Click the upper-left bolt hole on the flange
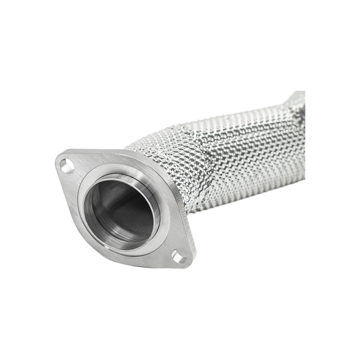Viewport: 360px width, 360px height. [x=67, y=166]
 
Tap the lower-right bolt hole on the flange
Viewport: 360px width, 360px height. [x=179, y=258]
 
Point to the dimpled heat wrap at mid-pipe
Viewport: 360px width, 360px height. [x=240, y=158]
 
